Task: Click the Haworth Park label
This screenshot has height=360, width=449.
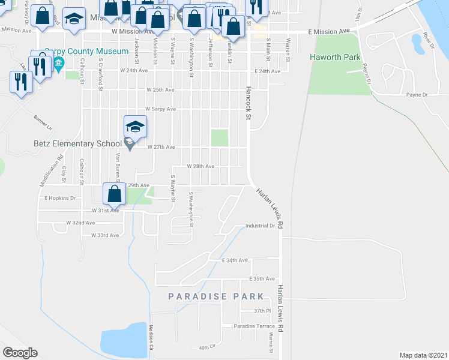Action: [335, 58]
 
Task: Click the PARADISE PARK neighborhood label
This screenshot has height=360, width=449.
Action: [215, 296]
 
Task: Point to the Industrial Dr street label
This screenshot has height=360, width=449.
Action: [259, 226]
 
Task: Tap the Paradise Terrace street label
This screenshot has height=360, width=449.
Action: [255, 326]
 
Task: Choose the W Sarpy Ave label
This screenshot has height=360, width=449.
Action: [160, 109]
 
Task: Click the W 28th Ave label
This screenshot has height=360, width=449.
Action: [200, 166]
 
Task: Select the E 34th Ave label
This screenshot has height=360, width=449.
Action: [235, 260]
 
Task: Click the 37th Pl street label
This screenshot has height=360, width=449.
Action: [262, 311]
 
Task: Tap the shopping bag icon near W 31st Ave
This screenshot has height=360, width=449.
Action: [114, 194]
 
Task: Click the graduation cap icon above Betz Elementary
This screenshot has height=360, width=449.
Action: [136, 127]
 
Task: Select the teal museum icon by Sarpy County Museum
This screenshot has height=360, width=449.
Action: [59, 64]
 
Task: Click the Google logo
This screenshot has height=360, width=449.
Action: [20, 353]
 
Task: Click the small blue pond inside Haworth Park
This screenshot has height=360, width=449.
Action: [415, 43]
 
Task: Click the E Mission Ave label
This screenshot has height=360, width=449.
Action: [328, 31]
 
